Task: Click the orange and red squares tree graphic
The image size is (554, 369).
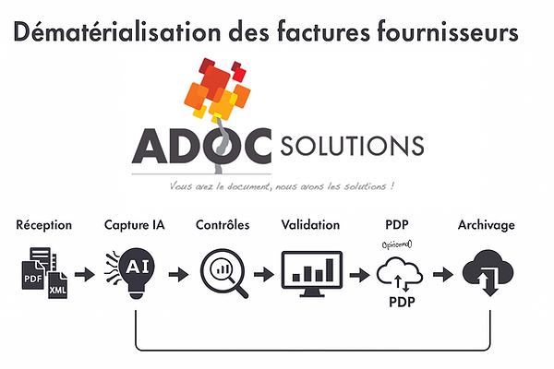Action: (x=218, y=90)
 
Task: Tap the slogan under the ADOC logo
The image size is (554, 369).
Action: (x=283, y=185)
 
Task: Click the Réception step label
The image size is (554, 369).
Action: (x=44, y=225)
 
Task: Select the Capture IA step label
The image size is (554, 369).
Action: (x=137, y=225)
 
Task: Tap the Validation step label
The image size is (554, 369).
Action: (x=309, y=225)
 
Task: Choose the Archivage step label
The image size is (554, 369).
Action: (x=487, y=225)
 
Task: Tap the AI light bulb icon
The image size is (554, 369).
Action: (x=135, y=269)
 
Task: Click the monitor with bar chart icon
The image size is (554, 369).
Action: (x=311, y=272)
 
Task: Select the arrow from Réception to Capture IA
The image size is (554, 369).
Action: (x=86, y=274)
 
